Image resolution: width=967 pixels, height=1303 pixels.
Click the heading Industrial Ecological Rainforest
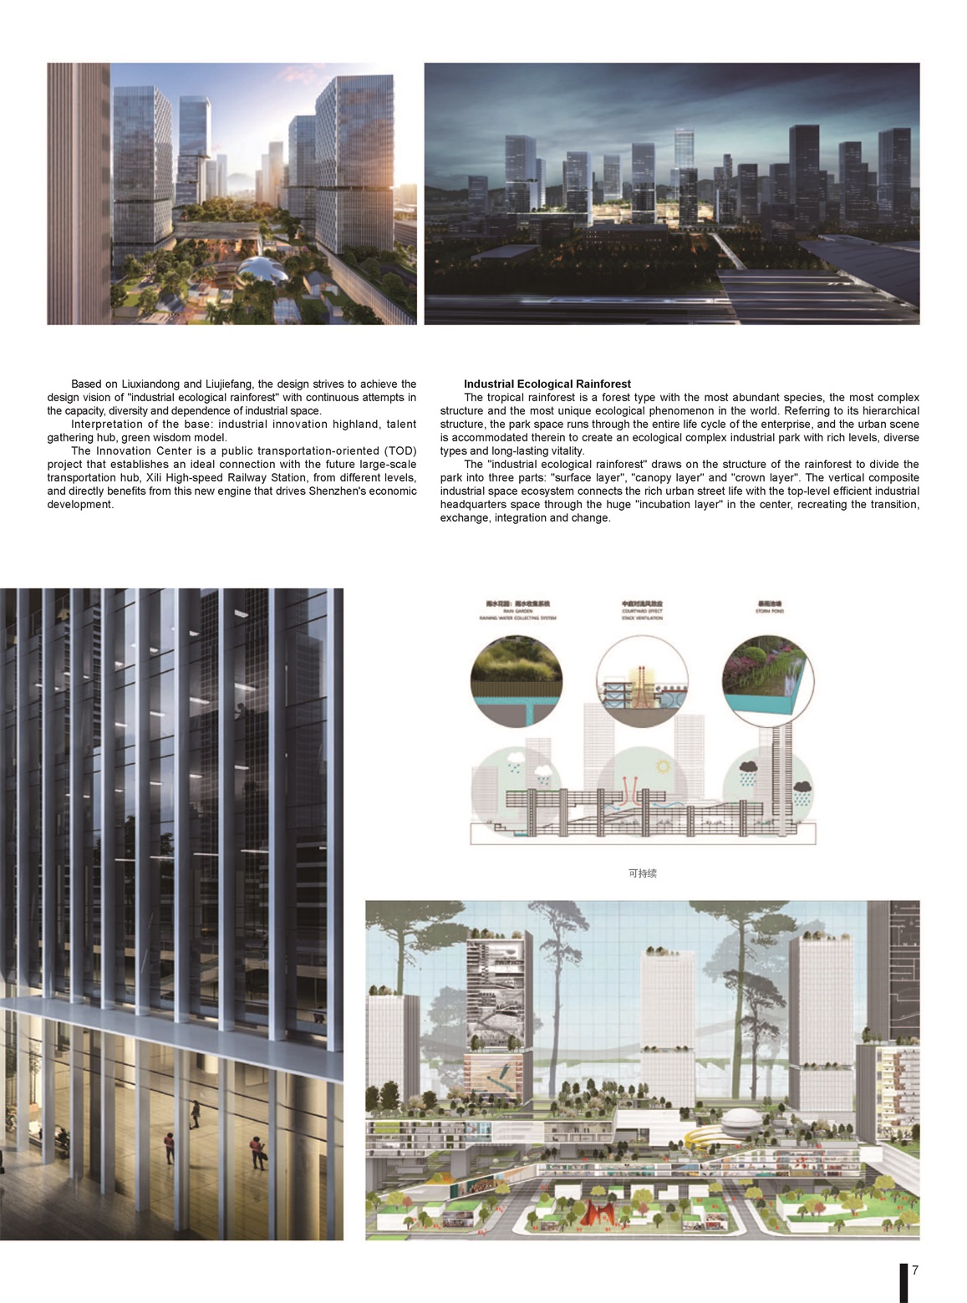(547, 384)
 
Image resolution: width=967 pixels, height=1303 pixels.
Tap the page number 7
(915, 1270)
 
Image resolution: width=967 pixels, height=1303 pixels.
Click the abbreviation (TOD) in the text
(400, 450)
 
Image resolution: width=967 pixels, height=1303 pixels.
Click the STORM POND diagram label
(770, 611)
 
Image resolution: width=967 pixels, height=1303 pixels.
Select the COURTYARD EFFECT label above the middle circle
(642, 611)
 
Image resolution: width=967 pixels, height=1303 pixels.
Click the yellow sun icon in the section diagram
(663, 766)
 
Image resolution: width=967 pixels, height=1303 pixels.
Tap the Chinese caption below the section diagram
(642, 873)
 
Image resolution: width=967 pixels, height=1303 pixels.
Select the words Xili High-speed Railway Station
(222, 477)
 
